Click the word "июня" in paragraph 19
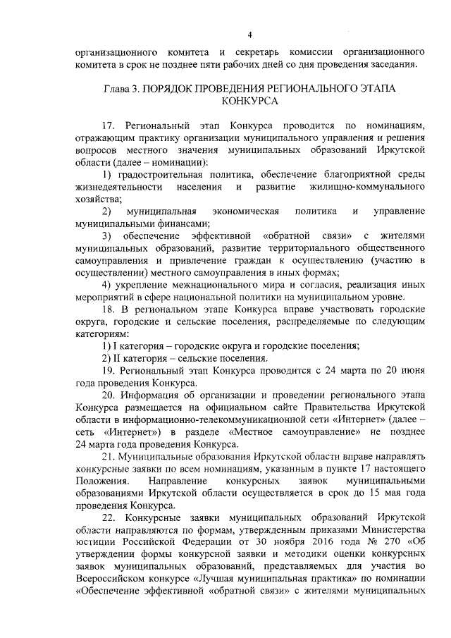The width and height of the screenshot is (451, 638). point(410,370)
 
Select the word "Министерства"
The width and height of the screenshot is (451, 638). point(392,532)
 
